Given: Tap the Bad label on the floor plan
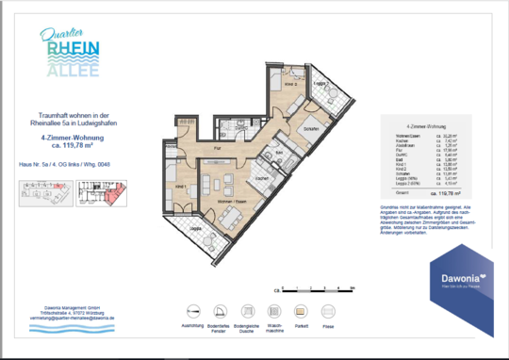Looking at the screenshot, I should [x=279, y=152].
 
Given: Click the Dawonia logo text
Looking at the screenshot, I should [x=456, y=277].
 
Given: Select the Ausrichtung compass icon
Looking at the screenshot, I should [x=193, y=311].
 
